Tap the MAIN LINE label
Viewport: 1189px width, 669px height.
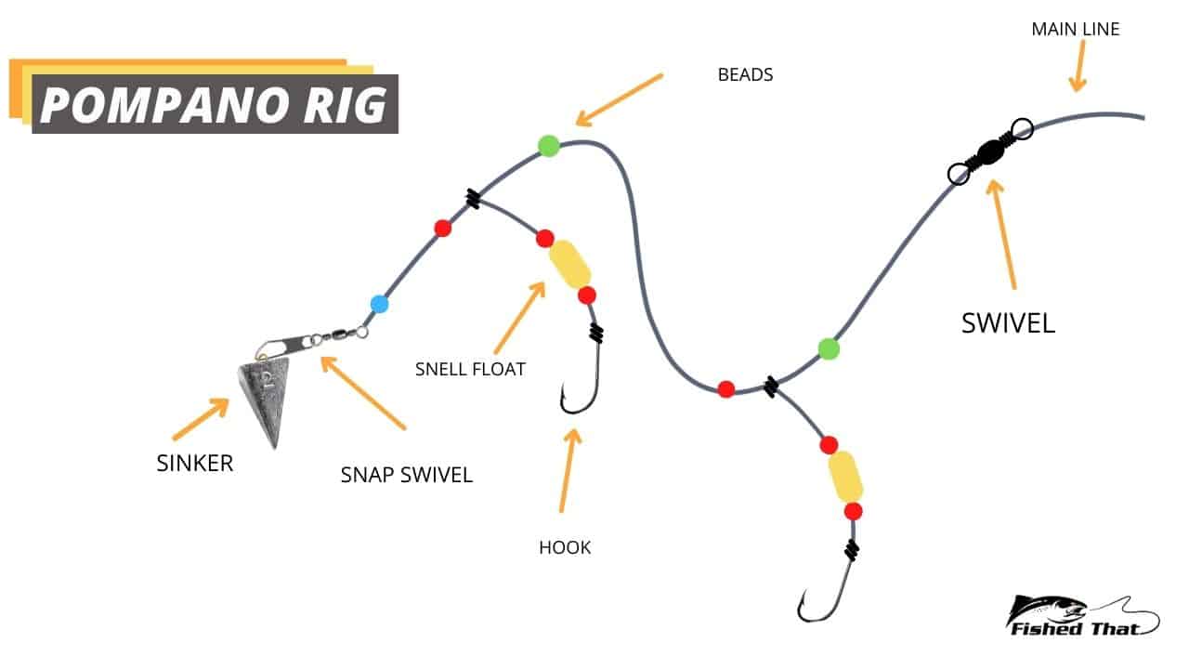[x=1075, y=29]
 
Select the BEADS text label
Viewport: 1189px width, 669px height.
[x=745, y=75]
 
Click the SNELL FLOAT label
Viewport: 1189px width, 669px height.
[x=470, y=370]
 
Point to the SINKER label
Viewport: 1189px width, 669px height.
[x=195, y=463]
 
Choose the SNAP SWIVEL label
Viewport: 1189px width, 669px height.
[x=406, y=475]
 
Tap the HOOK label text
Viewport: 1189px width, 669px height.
[x=564, y=547]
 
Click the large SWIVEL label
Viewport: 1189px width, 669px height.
[x=1008, y=322]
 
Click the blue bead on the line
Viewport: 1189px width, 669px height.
[x=379, y=304]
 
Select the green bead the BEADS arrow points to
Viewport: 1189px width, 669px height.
[x=549, y=146]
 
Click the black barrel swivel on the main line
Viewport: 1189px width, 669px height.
[x=989, y=151]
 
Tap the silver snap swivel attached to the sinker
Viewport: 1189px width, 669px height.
[x=311, y=339]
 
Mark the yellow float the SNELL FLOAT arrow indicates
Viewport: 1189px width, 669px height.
[x=569, y=265]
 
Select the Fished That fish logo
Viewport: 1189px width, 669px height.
[x=1082, y=615]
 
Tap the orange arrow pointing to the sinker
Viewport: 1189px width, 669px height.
[x=201, y=419]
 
